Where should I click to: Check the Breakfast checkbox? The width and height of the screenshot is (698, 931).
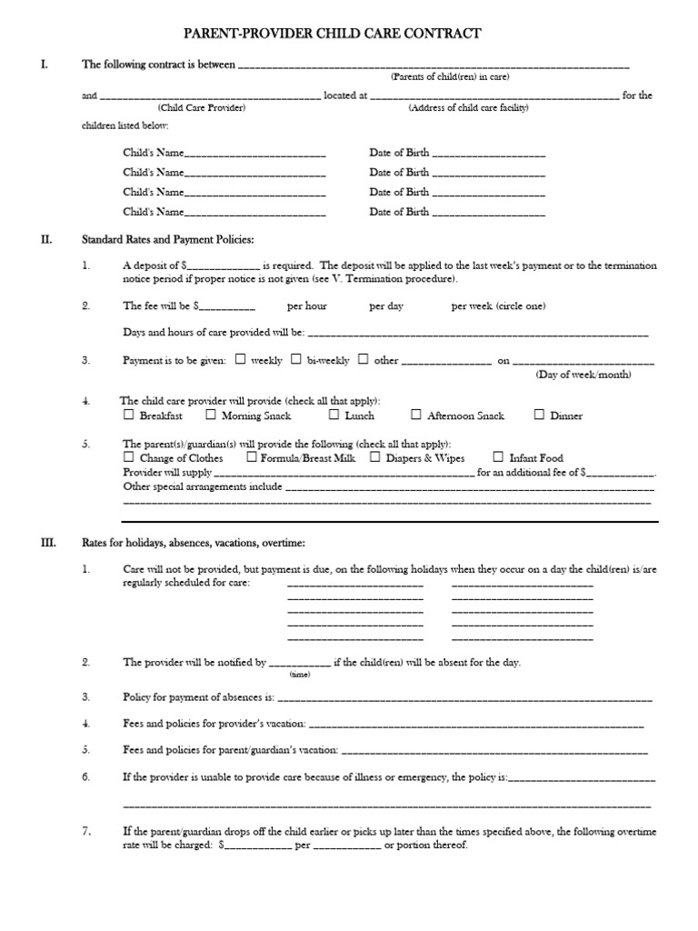(128, 415)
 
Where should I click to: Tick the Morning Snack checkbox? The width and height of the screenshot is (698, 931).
(210, 415)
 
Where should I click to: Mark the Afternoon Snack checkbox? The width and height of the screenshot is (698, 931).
(415, 415)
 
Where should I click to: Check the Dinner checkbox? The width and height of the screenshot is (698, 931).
(538, 415)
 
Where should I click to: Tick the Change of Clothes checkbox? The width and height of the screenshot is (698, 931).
(128, 457)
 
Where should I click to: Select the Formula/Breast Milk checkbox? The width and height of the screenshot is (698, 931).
(251, 457)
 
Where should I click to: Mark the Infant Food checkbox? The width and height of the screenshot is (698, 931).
(497, 457)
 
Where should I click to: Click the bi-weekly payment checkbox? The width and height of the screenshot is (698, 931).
(296, 359)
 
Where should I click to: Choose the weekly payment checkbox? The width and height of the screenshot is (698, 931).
(240, 359)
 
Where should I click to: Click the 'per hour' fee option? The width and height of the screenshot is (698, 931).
(306, 306)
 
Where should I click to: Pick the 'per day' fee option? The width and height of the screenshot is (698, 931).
(385, 306)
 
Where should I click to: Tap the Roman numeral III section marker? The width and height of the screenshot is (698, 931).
(48, 543)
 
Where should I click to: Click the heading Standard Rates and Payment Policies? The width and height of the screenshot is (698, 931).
(168, 239)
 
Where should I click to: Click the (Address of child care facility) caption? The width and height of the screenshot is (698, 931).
(468, 107)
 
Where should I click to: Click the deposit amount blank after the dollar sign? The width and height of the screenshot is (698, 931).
(224, 266)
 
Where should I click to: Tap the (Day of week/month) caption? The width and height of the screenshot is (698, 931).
(583, 375)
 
